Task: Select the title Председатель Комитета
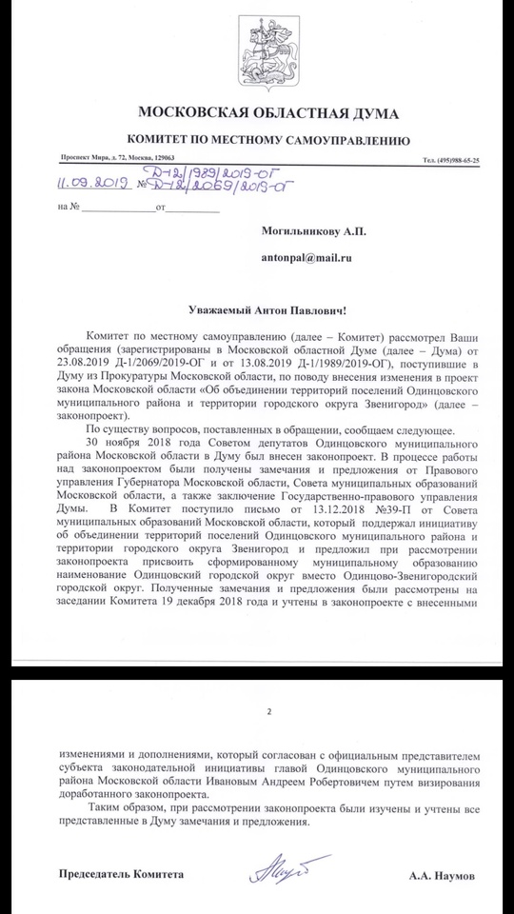pos(120,872)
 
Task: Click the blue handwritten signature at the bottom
pos(275,868)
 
